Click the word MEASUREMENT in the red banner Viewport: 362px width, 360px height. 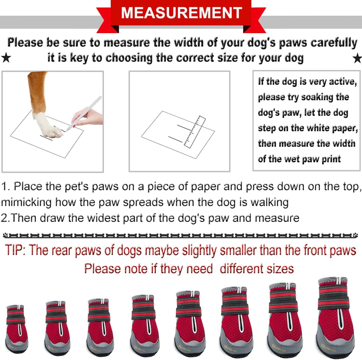pos(181,13)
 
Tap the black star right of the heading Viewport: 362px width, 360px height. pos(357,58)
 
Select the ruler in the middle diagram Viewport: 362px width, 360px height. pos(194,132)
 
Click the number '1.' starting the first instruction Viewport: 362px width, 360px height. pos(6,186)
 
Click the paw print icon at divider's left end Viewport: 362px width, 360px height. pos(6,235)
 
